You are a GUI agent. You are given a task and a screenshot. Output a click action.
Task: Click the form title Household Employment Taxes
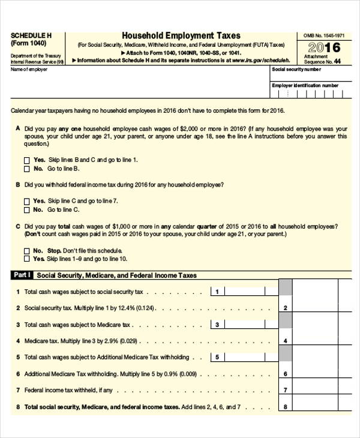tap(181, 36)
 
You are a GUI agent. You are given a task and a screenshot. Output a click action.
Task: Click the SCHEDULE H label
tap(31, 35)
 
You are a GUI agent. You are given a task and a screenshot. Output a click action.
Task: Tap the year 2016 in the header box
tap(324, 48)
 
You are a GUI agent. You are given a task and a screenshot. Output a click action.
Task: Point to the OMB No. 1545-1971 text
tap(321, 36)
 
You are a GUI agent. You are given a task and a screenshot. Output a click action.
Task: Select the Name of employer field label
tap(29, 70)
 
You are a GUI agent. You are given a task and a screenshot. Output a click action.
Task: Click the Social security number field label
tap(296, 70)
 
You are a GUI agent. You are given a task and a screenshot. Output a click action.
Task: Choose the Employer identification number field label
tap(305, 85)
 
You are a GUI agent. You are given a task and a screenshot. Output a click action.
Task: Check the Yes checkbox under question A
tap(26, 160)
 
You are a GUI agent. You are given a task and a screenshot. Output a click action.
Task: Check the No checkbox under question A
tap(26, 169)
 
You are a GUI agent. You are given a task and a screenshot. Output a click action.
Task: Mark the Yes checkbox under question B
tap(26, 201)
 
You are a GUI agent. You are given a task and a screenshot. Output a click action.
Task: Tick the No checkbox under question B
tap(26, 210)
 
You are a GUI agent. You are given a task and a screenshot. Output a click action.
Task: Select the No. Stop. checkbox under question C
tap(26, 251)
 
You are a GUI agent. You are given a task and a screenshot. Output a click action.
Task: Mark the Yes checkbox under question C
tap(26, 259)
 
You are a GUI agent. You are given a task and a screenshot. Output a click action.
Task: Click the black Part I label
tap(22, 275)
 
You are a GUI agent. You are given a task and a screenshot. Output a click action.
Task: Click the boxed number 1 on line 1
tap(217, 292)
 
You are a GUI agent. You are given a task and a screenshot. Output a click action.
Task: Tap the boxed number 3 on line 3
tap(217, 325)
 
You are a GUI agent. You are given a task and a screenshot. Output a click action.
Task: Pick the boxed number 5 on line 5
tap(217, 357)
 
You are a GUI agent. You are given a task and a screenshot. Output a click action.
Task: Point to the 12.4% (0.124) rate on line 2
tap(135, 308)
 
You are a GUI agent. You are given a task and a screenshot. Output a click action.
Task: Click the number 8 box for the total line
tap(286, 406)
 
